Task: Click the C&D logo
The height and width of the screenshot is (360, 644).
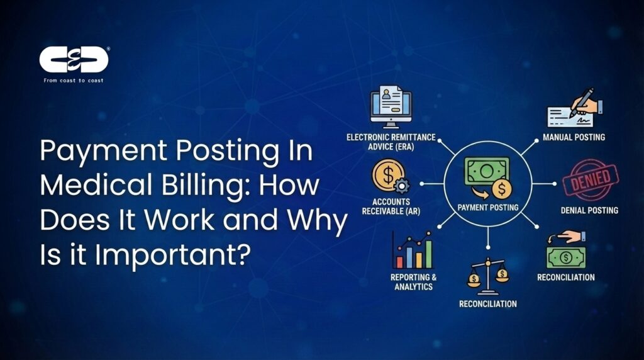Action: (x=74, y=59)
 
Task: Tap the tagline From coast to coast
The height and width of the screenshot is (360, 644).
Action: (x=74, y=81)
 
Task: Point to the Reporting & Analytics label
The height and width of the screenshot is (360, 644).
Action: (x=413, y=281)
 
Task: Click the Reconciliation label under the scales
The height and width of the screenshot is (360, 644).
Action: (x=487, y=304)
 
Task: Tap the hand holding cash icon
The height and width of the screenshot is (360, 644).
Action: (x=564, y=250)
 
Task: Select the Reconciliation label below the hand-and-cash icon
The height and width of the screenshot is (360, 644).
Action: (x=565, y=277)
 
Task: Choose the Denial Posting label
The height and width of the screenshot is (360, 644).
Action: (x=589, y=210)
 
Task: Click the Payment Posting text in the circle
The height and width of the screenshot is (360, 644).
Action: (x=489, y=207)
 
